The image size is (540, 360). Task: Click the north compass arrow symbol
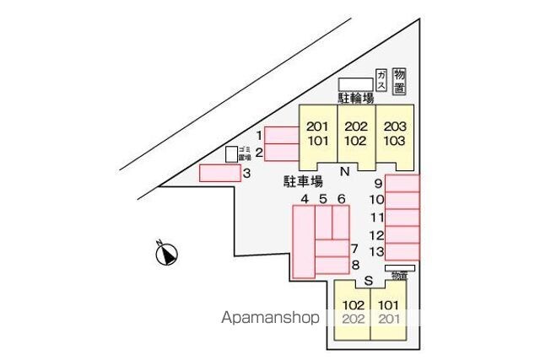[x=166, y=253]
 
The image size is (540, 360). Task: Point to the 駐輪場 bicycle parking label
[x=356, y=99]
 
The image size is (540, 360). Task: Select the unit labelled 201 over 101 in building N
[x=317, y=134]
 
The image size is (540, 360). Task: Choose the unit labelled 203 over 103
[x=395, y=134]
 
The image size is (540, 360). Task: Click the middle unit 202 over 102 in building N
[x=356, y=134]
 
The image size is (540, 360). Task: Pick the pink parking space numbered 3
[x=219, y=174]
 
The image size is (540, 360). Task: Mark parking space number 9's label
[x=379, y=184]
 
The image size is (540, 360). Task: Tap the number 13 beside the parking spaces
[x=377, y=251]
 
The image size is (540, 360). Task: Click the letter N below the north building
[x=344, y=172]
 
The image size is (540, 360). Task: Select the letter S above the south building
[x=368, y=281]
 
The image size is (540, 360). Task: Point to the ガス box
[x=381, y=80]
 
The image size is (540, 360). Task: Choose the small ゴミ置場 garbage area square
[x=231, y=153]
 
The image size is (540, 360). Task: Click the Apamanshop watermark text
[x=270, y=318]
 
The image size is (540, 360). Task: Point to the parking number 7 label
[x=355, y=249]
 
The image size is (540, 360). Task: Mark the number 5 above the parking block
[x=323, y=199]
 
